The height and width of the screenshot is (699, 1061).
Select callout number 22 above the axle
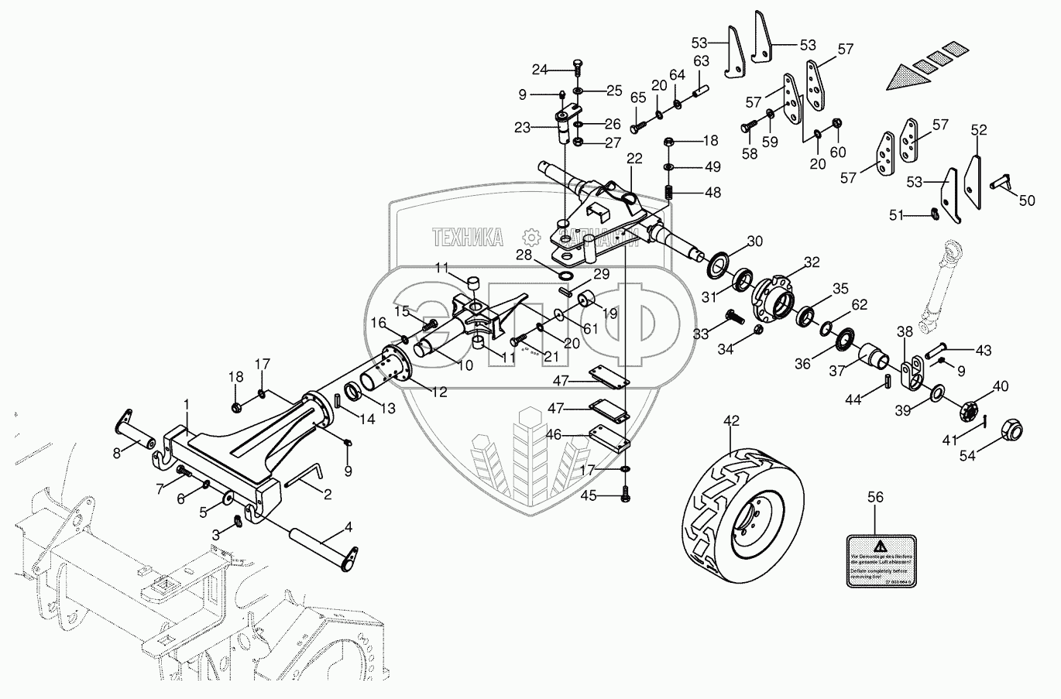(x=634, y=159)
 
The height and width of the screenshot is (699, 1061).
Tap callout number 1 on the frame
(x=186, y=403)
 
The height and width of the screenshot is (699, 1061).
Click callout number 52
(x=979, y=130)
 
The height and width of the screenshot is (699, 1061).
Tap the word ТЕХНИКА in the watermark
(x=468, y=237)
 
